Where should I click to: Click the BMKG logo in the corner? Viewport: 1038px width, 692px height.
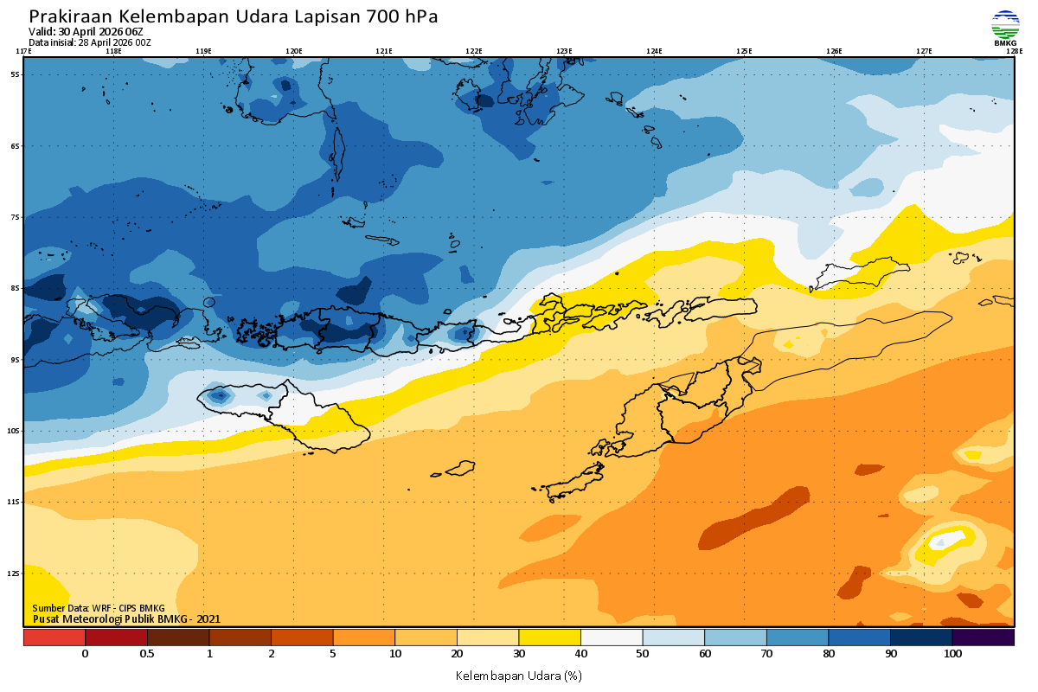(1005, 27)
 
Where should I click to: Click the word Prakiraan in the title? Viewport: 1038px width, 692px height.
(70, 16)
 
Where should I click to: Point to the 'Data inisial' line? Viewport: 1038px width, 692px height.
(89, 42)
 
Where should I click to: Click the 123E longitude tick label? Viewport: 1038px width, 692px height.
(564, 51)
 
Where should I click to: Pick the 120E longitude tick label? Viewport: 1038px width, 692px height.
(294, 51)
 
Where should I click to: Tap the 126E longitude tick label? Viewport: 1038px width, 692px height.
(834, 51)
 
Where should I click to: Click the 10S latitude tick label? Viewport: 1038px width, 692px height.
(15, 431)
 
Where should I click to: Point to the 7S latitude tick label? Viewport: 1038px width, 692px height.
(15, 217)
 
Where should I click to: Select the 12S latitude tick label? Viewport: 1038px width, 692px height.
(15, 573)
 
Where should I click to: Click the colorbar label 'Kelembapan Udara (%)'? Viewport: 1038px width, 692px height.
(518, 675)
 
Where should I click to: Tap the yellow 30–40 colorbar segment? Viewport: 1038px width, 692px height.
(549, 638)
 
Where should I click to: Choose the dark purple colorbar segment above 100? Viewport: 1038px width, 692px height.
(983, 638)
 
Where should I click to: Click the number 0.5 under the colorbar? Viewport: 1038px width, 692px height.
(147, 655)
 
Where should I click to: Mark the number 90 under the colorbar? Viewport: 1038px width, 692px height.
(891, 655)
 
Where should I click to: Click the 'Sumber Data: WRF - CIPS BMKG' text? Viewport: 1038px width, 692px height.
(98, 608)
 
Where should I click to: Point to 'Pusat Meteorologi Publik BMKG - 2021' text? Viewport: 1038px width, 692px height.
(126, 618)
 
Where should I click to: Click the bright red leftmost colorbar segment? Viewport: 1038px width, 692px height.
(54, 638)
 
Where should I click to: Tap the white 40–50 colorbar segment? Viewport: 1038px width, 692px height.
(612, 638)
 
